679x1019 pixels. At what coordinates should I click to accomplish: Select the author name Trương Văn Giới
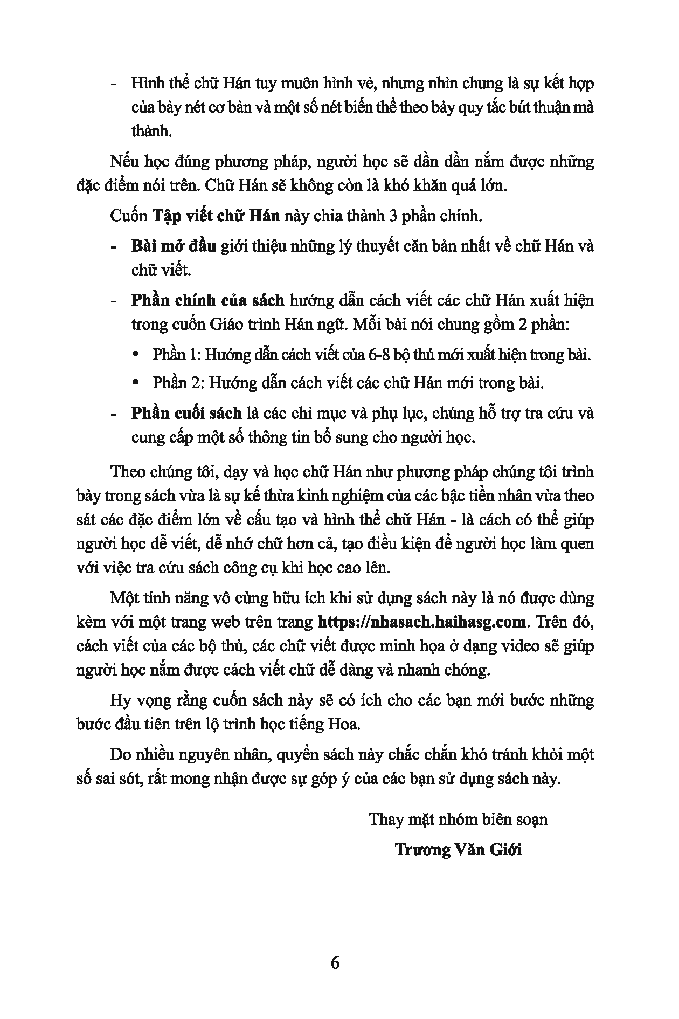[458, 849]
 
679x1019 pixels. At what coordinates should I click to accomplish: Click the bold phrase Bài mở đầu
[174, 246]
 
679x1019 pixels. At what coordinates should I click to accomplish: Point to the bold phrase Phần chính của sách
[207, 300]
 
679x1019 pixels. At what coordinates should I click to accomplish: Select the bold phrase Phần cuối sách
[186, 414]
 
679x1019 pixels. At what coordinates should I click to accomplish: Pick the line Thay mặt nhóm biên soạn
[458, 820]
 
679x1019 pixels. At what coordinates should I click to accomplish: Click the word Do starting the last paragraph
[120, 754]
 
